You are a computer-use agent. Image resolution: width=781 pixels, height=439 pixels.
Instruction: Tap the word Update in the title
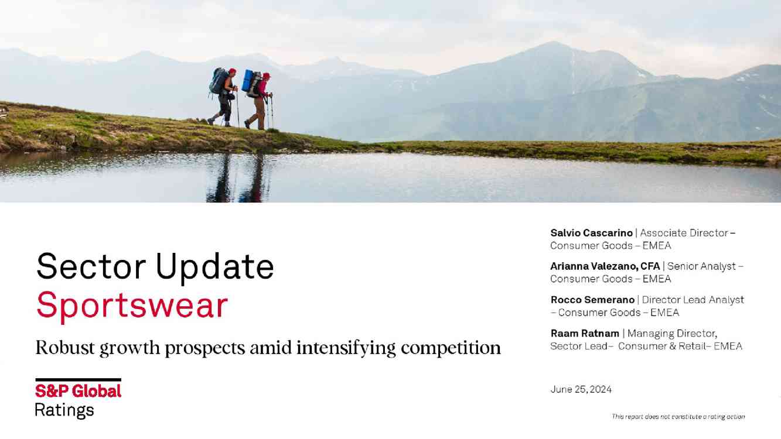[214, 267]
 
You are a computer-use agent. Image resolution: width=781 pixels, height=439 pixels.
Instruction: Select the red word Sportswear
[132, 306]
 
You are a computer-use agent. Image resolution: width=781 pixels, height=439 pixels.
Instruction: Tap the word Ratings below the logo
[64, 410]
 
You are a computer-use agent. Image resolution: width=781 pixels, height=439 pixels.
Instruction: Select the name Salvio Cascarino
[591, 233]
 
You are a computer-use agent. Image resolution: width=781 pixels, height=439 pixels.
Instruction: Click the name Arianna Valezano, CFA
[605, 266]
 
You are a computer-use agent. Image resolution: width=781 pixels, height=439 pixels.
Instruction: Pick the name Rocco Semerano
[592, 300]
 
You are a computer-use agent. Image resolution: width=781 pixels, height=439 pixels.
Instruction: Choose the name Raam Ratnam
[585, 333]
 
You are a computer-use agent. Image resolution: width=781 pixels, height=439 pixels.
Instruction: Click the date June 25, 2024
[581, 389]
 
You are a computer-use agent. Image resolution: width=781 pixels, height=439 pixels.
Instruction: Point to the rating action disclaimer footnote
[678, 417]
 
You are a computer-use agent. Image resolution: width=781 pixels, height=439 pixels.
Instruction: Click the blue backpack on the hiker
[248, 81]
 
